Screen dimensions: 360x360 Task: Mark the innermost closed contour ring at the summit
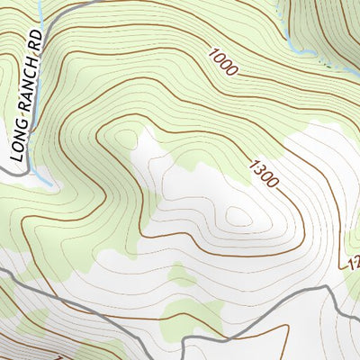point(239,216)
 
